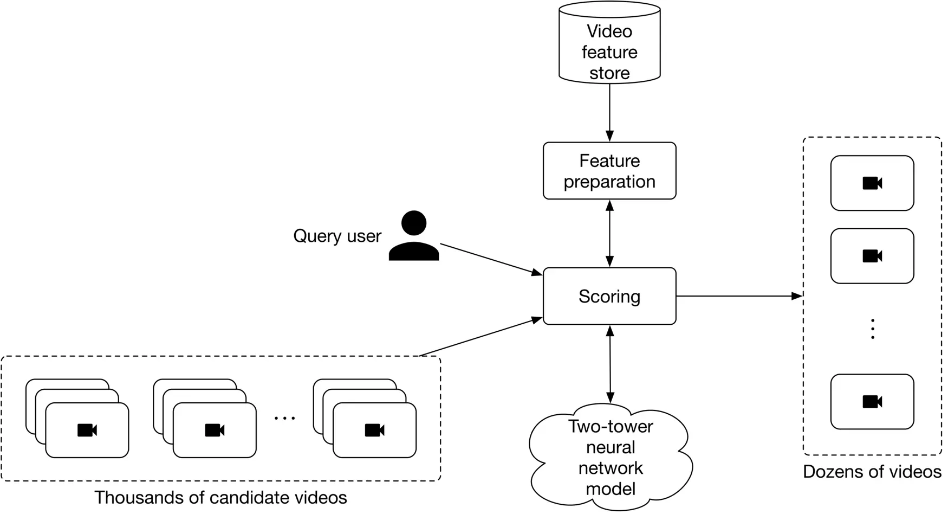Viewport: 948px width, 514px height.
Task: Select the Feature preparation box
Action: coord(609,171)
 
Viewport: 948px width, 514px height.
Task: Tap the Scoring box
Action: coord(609,296)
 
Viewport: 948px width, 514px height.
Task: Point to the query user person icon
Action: coord(414,236)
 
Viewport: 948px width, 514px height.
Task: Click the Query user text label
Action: coord(337,236)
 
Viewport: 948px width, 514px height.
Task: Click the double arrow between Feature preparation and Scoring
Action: coord(609,233)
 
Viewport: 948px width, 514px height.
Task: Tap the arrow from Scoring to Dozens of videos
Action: coord(739,296)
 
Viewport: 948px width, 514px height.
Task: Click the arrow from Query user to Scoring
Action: coord(490,259)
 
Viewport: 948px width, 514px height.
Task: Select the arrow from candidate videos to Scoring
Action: coord(481,337)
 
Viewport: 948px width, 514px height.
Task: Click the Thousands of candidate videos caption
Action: coord(220,497)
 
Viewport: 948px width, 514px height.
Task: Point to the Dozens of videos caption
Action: coord(872,472)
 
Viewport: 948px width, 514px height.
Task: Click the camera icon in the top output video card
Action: coord(872,183)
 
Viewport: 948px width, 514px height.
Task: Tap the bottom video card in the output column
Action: coord(872,402)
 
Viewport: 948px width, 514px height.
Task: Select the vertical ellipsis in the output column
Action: coord(872,329)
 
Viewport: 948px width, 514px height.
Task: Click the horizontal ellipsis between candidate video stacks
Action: coord(285,418)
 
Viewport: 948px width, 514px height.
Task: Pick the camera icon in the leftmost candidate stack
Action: coord(87,431)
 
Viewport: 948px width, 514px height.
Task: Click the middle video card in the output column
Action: coord(872,256)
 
